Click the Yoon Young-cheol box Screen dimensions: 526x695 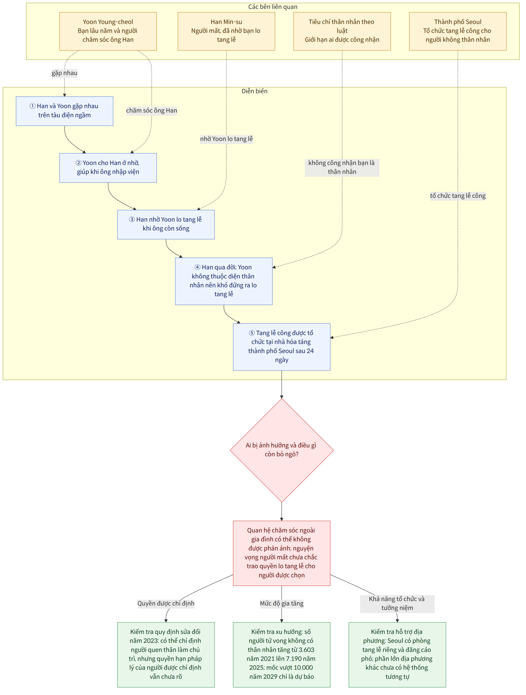coord(108,31)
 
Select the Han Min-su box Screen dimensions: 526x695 coord(226,31)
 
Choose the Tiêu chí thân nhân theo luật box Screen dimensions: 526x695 coord(342,31)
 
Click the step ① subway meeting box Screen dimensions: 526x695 coord(64,111)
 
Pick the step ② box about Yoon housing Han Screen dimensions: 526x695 coord(108,167)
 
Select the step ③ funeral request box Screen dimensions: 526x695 coord(166,224)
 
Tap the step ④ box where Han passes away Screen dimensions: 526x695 coord(223,281)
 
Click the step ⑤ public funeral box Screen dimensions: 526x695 coord(281,347)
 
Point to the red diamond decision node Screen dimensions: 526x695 coord(281,450)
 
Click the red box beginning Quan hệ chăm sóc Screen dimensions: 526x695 coord(281,553)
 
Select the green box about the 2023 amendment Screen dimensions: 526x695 coord(166,654)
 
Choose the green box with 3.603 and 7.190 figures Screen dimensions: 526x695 coord(281,654)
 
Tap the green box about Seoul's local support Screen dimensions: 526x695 coord(397,654)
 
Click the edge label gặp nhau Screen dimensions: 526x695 coord(64,73)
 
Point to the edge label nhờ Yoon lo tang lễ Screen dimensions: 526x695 coord(226,139)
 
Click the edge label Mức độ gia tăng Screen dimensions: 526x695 coord(281,603)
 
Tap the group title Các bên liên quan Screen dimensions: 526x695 coord(273,7)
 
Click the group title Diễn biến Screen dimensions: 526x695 coord(254,91)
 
